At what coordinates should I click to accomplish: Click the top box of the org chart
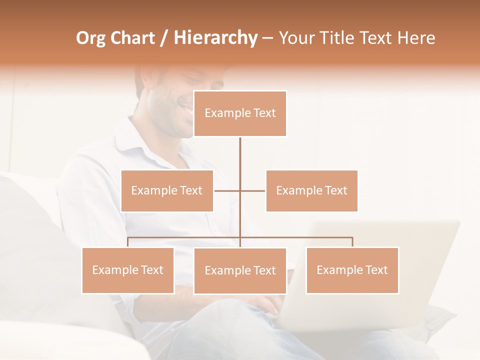240,113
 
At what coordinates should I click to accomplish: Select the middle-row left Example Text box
167,190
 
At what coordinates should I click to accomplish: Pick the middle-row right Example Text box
311,190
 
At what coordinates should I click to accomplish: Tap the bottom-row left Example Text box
128,270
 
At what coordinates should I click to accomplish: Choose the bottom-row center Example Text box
240,270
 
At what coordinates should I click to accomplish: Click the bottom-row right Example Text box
352,270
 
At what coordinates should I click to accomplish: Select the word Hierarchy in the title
215,38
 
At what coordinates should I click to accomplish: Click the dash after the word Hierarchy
267,38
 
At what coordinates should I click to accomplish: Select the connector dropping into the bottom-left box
128,242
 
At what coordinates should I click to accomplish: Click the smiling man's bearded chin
172,127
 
